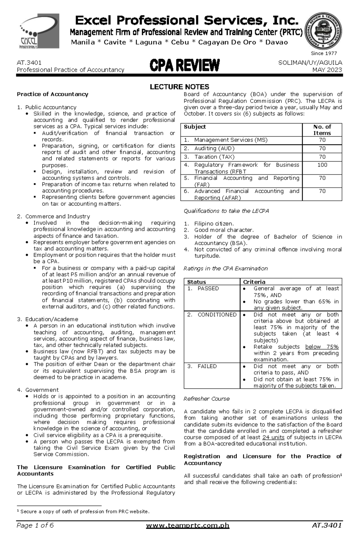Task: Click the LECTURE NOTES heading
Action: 179,87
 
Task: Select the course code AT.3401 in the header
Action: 29,63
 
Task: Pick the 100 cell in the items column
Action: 322,165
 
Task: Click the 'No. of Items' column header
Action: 322,130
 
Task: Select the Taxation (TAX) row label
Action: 214,157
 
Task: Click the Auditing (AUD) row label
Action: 214,148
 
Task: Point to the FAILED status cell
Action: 207,366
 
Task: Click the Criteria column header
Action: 254,282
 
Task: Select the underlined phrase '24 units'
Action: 273,437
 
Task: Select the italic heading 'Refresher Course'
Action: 206,399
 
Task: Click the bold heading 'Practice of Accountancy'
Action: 52,94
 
